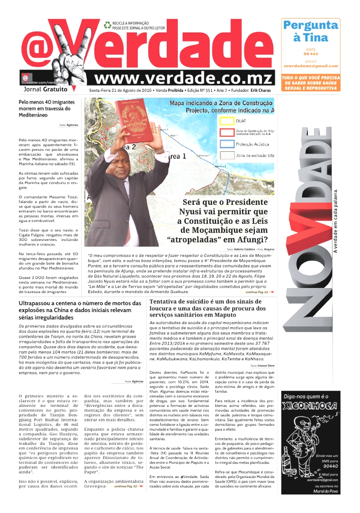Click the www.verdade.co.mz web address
coord(183,78)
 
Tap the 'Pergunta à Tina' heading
coord(310,31)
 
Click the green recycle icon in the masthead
coord(107,25)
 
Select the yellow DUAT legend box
coord(228,121)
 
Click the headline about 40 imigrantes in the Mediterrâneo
coord(47,108)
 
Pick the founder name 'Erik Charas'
coord(261,90)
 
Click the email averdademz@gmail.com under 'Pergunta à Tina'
coord(310,66)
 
